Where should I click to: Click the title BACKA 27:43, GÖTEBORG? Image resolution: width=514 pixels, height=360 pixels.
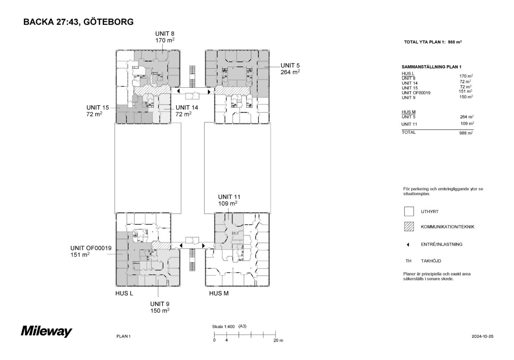tap(78, 22)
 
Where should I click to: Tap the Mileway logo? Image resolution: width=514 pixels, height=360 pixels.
tap(46, 331)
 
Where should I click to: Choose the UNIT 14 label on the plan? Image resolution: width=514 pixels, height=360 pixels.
tap(187, 107)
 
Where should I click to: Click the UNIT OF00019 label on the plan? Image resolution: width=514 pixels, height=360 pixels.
tap(91, 248)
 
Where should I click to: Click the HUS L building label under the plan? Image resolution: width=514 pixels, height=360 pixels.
tap(124, 293)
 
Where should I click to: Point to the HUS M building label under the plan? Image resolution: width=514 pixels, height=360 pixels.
tap(219, 293)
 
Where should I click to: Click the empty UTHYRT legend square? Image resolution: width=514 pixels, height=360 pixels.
tap(409, 212)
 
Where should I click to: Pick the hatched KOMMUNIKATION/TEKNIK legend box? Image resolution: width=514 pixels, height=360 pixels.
tap(409, 227)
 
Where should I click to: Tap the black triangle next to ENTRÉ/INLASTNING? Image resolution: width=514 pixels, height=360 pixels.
tap(408, 244)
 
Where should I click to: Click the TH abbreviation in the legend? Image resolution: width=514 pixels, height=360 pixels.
tap(408, 261)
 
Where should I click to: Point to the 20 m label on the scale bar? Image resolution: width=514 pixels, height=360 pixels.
tap(278, 341)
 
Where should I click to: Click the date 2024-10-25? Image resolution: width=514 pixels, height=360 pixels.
tap(482, 336)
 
